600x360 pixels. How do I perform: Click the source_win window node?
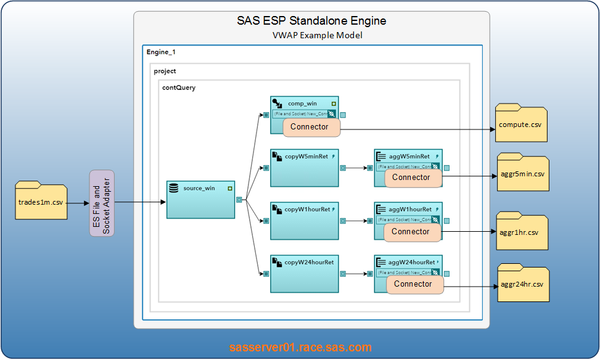(200, 199)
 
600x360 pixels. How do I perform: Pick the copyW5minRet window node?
(305, 167)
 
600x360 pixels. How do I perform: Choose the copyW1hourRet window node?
(305, 220)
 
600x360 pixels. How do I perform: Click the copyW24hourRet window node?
(305, 273)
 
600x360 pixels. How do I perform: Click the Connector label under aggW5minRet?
(411, 178)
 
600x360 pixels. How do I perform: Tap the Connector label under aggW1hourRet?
(411, 232)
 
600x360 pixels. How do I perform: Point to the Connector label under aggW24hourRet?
(413, 284)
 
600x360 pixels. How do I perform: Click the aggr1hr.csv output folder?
(522, 231)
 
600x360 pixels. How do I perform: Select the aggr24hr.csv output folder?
(523, 283)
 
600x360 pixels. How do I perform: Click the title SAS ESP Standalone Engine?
(311, 21)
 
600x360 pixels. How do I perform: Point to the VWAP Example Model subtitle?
(317, 36)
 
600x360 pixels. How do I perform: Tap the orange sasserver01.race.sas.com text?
(300, 347)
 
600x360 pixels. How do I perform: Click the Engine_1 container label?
(161, 52)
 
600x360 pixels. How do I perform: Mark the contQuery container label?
(178, 88)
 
